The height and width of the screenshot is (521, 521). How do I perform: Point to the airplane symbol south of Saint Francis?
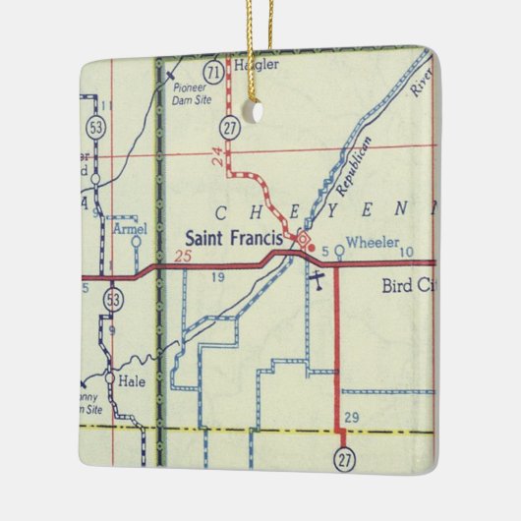[316, 281]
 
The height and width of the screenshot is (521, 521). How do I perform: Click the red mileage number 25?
[179, 258]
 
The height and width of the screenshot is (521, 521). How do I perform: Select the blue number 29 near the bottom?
[351, 418]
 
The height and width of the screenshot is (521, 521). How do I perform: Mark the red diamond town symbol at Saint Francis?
[304, 239]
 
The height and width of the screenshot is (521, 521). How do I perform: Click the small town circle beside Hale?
[108, 376]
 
